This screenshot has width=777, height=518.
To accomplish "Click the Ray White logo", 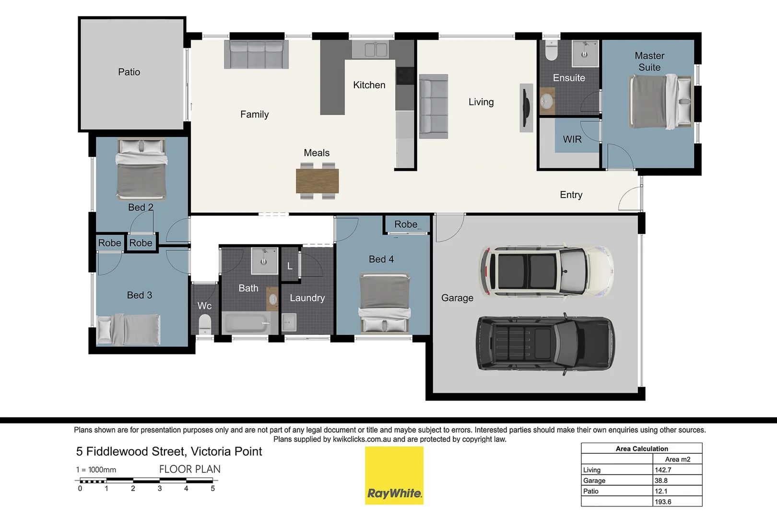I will [x=394, y=475].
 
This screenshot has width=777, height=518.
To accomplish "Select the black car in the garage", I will [x=546, y=343].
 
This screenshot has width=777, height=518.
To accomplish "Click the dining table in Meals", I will [x=317, y=181].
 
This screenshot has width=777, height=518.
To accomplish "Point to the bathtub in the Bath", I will [x=246, y=323].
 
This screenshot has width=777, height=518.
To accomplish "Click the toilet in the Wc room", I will [x=205, y=324].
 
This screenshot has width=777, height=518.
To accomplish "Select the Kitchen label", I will [x=369, y=85].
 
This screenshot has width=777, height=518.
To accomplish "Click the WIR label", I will [x=572, y=139].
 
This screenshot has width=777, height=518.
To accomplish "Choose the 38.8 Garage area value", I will [x=661, y=481].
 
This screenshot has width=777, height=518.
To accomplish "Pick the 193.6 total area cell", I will [x=663, y=502].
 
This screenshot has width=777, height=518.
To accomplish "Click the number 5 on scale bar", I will [x=212, y=489].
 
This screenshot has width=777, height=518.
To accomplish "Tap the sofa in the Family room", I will [x=256, y=54].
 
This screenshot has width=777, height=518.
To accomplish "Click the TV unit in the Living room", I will [x=526, y=108].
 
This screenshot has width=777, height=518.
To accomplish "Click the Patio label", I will [x=129, y=72].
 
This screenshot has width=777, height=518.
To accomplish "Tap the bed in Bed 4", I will [x=385, y=302].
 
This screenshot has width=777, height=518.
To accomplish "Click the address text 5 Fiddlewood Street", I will [x=169, y=451].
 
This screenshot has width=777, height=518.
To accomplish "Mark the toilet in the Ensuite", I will [x=552, y=51].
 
